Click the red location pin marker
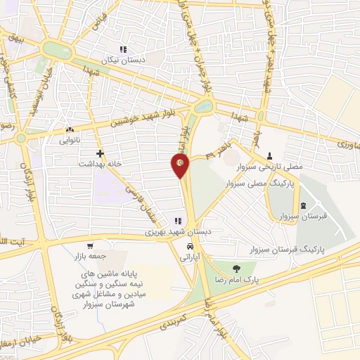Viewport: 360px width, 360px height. click(x=181, y=166)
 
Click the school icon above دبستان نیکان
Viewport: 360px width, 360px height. click(x=123, y=49)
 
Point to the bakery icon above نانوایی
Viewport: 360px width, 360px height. click(x=69, y=130)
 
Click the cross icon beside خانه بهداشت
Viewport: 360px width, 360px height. click(x=101, y=152)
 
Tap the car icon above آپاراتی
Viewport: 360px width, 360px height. click(x=190, y=247)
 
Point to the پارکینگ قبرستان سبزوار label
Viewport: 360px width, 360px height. click(x=288, y=250)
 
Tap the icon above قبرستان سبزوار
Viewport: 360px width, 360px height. click(x=303, y=205)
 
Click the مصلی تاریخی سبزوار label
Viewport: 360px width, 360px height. click(x=274, y=167)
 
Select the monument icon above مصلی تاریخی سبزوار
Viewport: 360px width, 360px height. click(x=269, y=156)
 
